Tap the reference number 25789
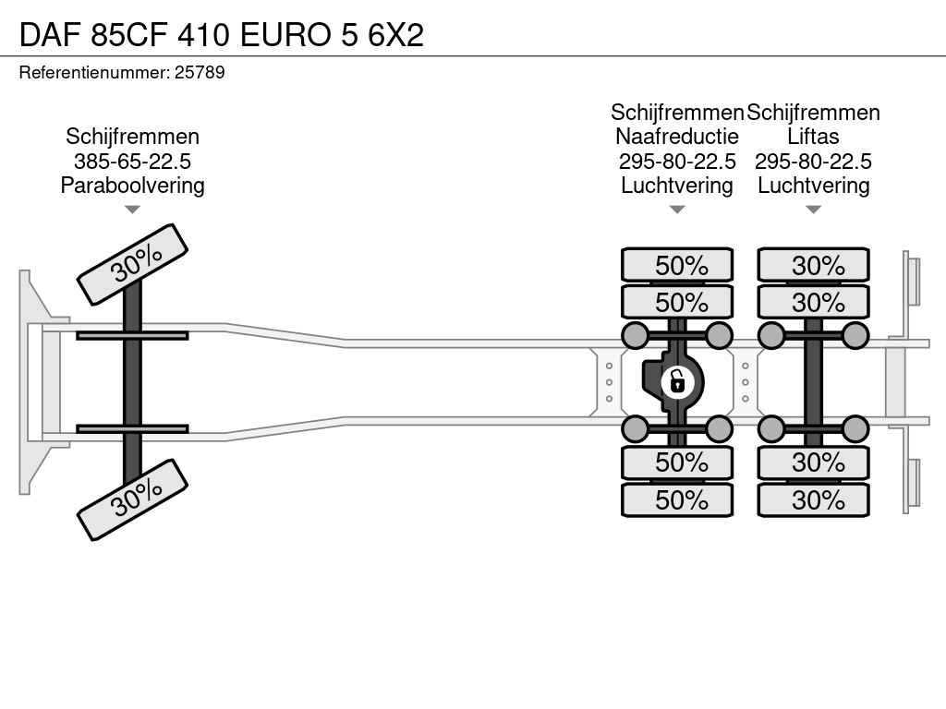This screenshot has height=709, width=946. point(200,72)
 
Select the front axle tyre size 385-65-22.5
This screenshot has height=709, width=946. point(132,161)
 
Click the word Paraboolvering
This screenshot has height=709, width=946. point(132,185)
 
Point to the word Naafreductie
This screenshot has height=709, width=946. point(677,137)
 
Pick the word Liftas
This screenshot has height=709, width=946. point(813,137)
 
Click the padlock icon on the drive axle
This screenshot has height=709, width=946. point(677,382)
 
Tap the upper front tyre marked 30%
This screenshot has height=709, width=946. point(133,265)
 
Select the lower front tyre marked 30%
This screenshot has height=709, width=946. point(133,499)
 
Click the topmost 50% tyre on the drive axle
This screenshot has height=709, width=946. point(677,265)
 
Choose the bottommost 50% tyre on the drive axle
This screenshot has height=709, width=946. point(677,499)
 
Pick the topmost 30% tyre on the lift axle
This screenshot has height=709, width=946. point(813,265)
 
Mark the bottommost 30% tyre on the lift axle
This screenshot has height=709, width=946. point(813,499)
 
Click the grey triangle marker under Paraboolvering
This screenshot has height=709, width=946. point(132,210)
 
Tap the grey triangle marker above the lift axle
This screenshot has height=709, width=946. point(813,210)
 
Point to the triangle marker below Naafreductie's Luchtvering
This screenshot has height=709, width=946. point(677,210)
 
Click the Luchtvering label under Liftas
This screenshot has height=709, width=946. point(813,185)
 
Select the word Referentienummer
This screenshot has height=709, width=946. point(94,72)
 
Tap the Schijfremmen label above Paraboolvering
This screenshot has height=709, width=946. point(132,137)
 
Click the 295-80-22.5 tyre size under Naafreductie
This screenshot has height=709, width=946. point(677,161)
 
